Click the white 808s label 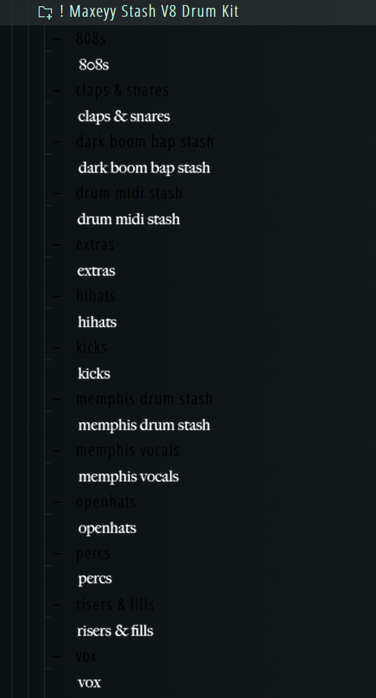[93, 65]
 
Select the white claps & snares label [124, 116]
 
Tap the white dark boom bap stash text [144, 168]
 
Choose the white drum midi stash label [128, 219]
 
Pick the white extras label [96, 271]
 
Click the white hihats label [97, 322]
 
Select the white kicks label [94, 374]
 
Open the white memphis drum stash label [144, 425]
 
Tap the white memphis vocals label [128, 477]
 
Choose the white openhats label [107, 529]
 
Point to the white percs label [95, 579]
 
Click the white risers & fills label [115, 631]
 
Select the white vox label [89, 682]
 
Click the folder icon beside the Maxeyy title [45, 12]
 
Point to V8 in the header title [169, 11]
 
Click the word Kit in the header [229, 11]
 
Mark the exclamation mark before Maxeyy [61, 11]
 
